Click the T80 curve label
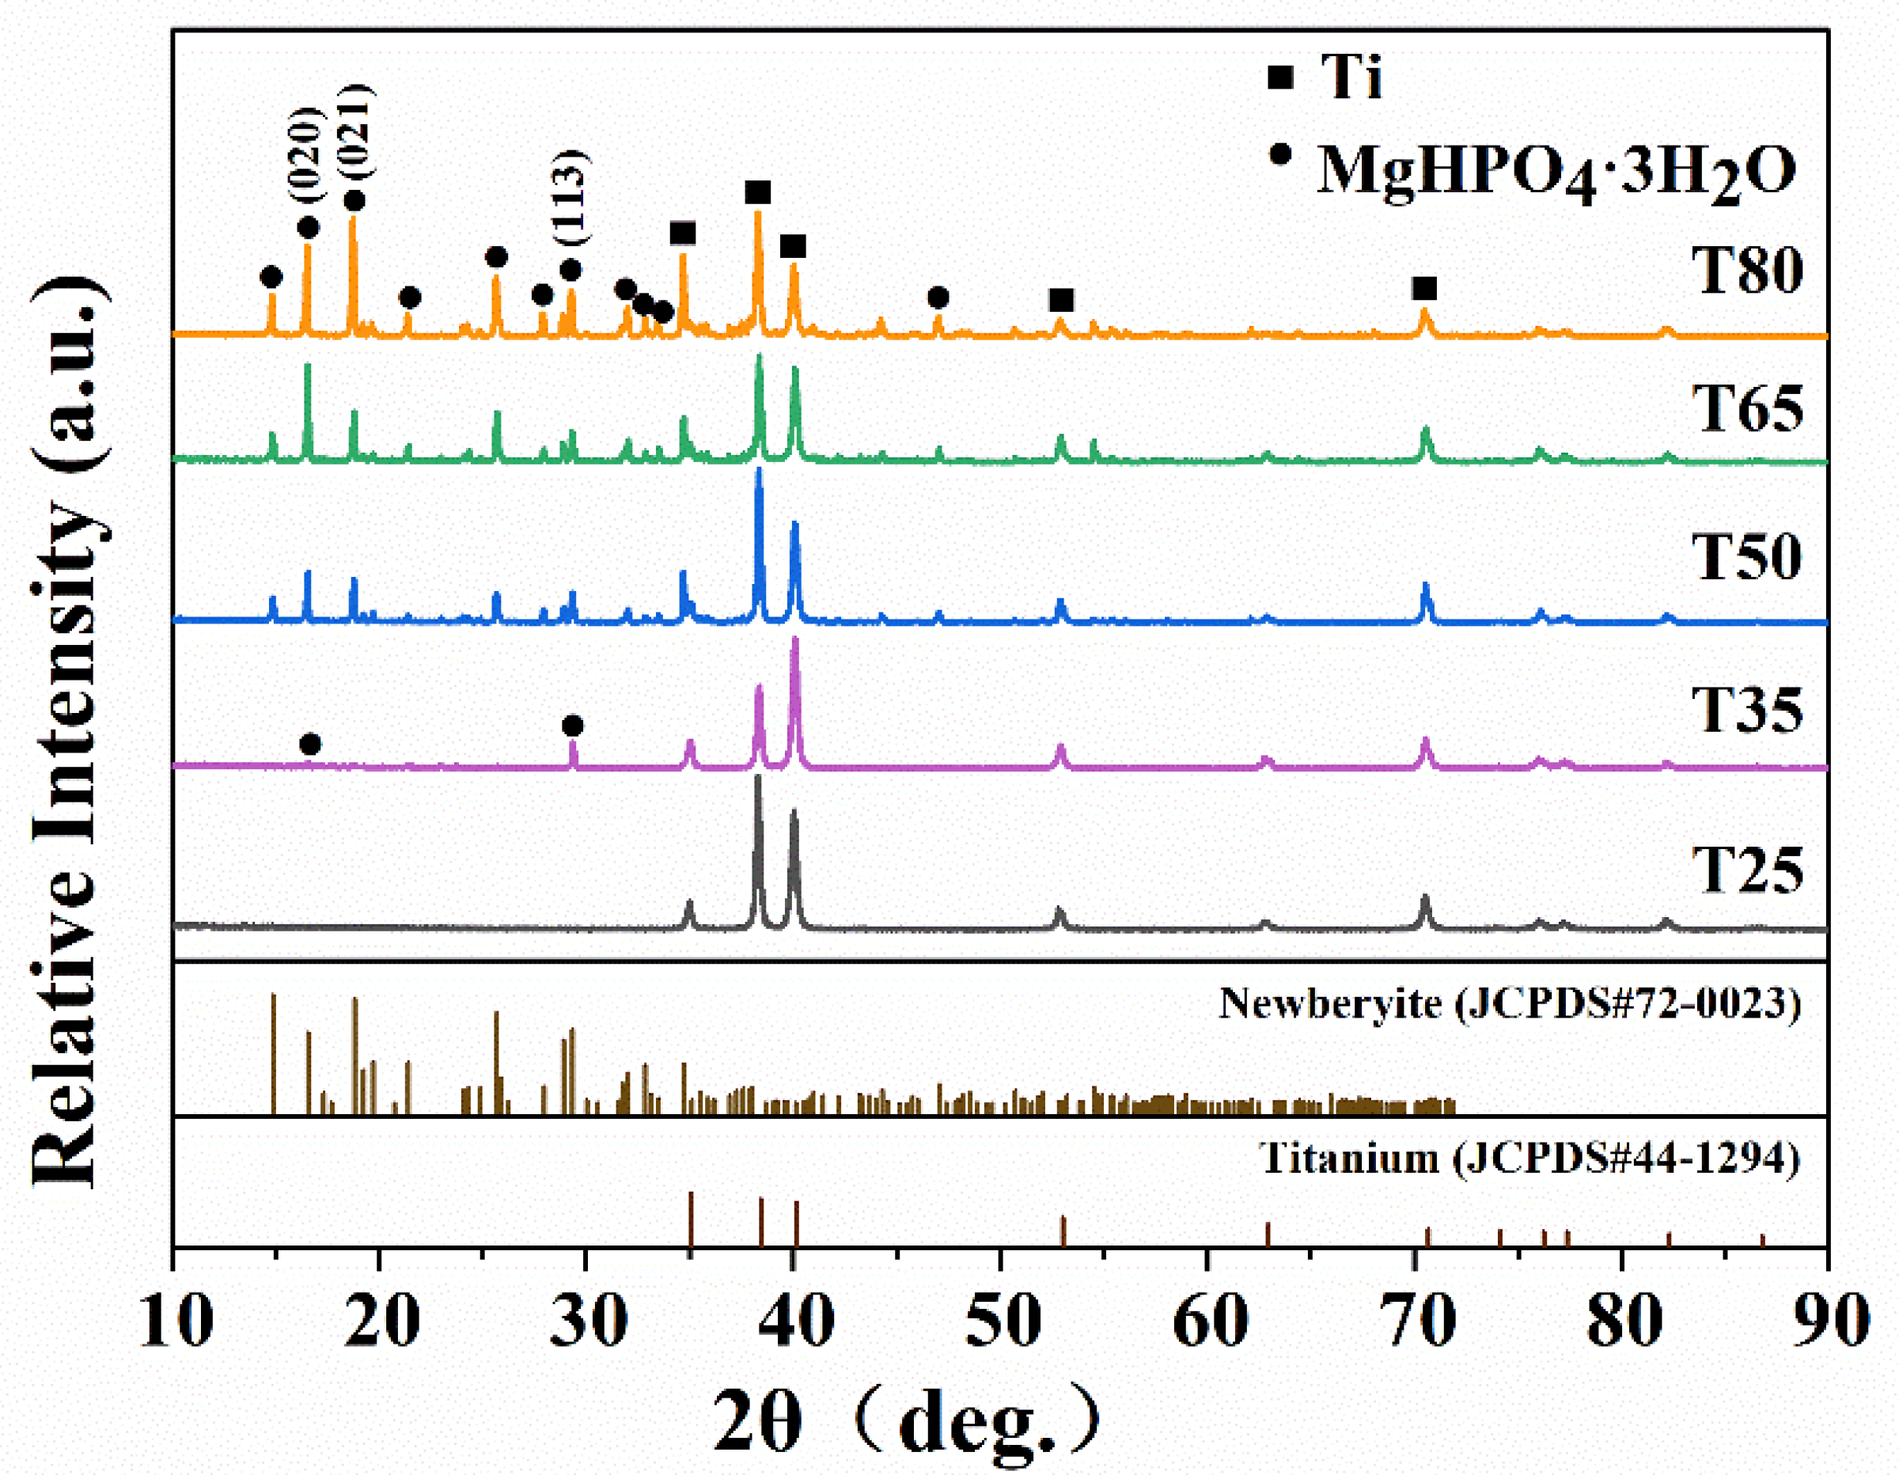point(1747,271)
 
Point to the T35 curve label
point(1747,710)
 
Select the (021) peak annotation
point(354,131)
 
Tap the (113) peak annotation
point(570,199)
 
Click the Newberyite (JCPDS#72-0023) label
point(1510,1003)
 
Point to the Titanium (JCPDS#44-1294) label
point(1529,1158)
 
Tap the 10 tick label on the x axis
point(176,1320)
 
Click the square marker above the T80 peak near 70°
point(1424,289)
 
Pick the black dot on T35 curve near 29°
point(572,726)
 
